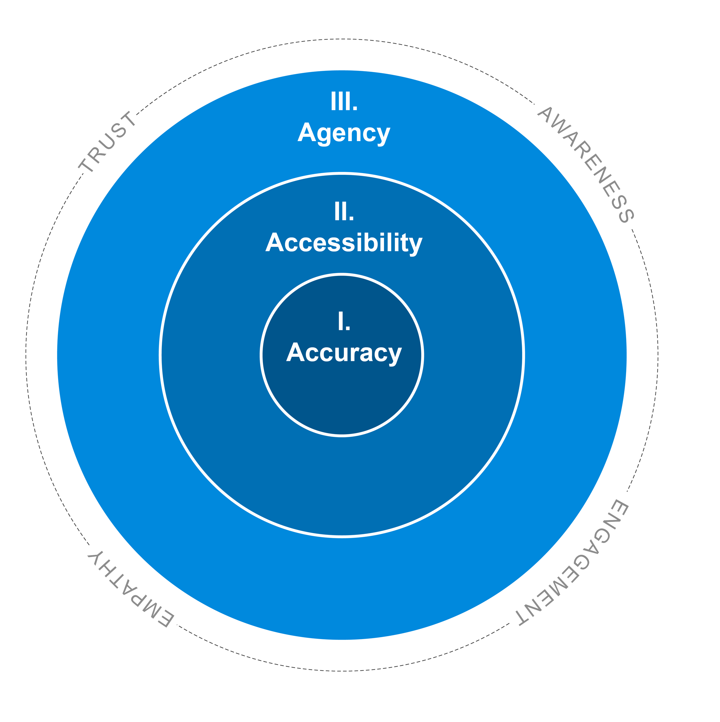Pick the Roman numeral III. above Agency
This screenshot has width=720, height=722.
point(344,102)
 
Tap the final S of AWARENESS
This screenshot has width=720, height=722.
point(626,216)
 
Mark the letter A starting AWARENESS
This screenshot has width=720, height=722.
point(545,114)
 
